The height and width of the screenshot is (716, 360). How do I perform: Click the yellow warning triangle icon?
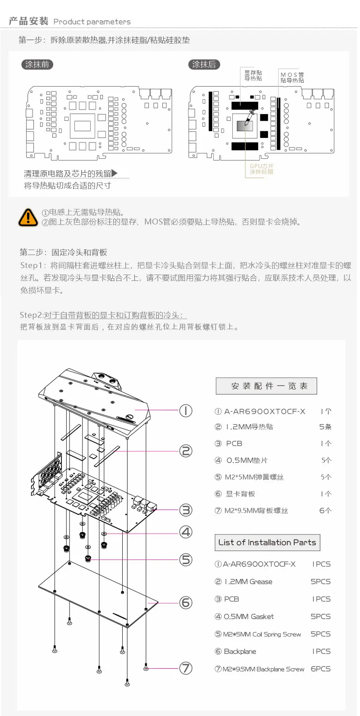[x=28, y=217]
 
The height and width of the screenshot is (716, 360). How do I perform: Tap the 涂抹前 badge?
[x=37, y=64]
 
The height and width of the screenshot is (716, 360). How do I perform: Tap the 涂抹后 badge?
[x=204, y=64]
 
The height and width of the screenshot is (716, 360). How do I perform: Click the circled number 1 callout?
[x=186, y=410]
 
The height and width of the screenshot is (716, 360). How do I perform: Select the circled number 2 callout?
[x=186, y=451]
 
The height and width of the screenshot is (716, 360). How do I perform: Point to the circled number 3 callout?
[x=186, y=510]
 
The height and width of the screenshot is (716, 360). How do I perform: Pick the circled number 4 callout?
[x=186, y=532]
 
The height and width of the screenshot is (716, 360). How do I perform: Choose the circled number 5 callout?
[x=186, y=560]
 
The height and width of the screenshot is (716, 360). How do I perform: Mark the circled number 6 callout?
[x=186, y=602]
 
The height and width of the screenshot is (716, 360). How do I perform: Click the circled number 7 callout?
[x=186, y=668]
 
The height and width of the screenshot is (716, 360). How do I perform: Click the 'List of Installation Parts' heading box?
[x=267, y=542]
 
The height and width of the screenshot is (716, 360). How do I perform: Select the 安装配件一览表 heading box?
[x=266, y=386]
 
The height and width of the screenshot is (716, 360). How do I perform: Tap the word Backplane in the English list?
[x=240, y=652]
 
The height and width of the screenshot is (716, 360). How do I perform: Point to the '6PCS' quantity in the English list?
[x=320, y=669]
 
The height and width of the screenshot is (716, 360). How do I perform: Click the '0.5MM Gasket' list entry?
[x=249, y=616]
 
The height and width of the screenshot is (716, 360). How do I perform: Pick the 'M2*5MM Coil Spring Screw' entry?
[x=262, y=634]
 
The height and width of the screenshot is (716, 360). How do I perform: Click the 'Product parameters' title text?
[x=92, y=22]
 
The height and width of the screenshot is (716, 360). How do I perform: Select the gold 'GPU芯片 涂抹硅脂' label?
[x=262, y=169]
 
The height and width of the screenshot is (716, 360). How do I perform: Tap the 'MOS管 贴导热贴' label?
[x=292, y=78]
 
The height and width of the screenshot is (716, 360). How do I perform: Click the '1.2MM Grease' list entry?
[x=248, y=582]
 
